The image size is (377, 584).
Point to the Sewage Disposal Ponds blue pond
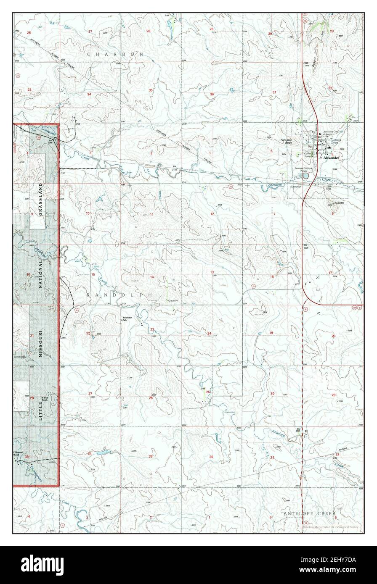pos(305,176)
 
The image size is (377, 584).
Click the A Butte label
pos(339,203)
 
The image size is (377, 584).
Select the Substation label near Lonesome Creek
pos(296,186)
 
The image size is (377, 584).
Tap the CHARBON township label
pos(115,54)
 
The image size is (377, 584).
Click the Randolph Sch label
pos(127,318)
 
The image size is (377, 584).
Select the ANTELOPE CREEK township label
pos(309,514)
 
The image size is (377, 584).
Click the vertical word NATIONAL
pos(40,274)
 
